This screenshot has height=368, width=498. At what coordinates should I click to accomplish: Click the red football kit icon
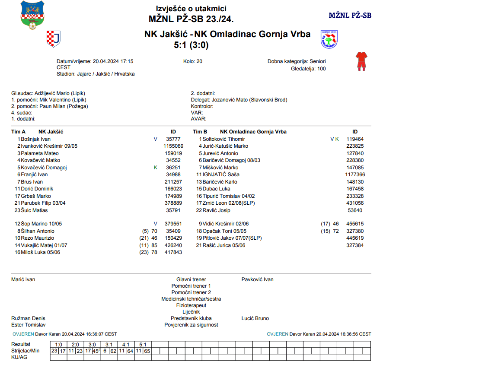point(361,61)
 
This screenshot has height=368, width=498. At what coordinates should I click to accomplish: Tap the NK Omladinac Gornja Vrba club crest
point(329,39)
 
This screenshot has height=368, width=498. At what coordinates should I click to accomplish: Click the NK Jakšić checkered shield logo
point(53,39)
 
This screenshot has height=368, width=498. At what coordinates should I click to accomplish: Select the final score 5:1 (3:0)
point(191,45)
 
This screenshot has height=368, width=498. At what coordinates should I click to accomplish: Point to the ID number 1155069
point(173,146)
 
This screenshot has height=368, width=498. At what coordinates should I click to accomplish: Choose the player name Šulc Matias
point(34,210)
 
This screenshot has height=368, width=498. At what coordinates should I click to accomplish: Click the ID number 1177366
point(355,174)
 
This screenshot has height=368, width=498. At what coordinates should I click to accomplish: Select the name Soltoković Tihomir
point(224,139)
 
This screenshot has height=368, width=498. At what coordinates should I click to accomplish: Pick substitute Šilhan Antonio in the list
point(38,231)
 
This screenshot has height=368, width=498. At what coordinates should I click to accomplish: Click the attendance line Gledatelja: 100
point(308,69)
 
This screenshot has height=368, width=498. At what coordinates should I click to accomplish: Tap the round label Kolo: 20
point(193,61)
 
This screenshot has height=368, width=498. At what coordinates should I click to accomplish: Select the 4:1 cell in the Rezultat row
point(126,345)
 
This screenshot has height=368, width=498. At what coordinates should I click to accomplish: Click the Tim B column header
point(200,132)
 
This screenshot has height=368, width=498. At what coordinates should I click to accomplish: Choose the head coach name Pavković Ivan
point(257,279)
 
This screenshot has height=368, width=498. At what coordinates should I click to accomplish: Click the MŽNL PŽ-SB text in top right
point(350,16)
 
